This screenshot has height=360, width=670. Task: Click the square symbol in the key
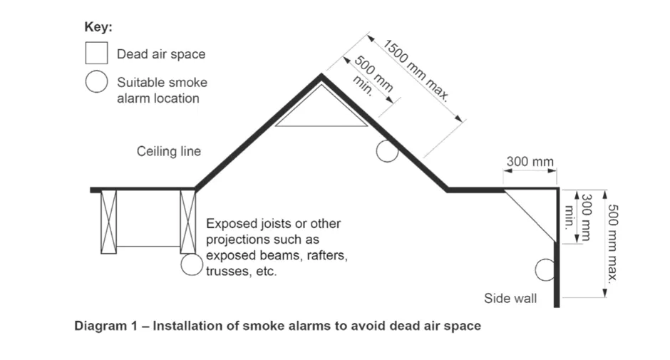coord(96,53)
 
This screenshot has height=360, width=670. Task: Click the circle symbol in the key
coord(96,82)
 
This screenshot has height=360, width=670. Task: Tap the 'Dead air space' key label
coord(161,54)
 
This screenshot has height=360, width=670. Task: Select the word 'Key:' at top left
coord(98,29)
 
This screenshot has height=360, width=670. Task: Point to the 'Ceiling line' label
coord(169,151)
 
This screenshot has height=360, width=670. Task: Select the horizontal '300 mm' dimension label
coord(530,162)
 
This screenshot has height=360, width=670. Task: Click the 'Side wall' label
coord(510,298)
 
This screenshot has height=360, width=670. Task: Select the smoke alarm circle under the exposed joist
coord(191,264)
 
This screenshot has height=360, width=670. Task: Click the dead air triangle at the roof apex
coord(321,108)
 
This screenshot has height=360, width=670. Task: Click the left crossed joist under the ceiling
coord(108,222)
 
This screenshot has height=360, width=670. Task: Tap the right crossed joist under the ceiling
coord(187,222)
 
